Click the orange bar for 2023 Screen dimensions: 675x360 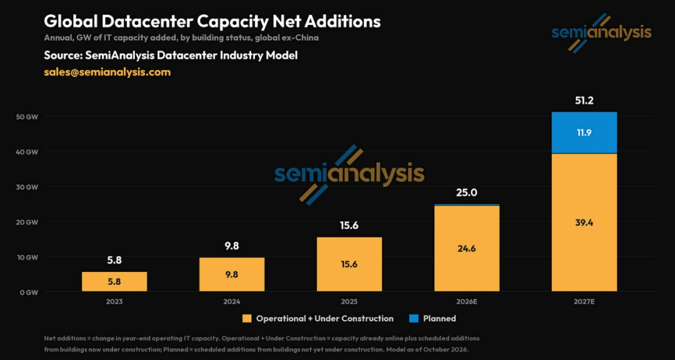(x=114, y=282)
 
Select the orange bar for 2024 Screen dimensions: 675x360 (x=232, y=275)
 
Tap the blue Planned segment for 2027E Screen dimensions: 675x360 (x=584, y=132)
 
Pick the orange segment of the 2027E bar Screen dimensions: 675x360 (x=584, y=222)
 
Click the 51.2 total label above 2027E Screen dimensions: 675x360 (x=584, y=101)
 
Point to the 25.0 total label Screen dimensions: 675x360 (x=467, y=192)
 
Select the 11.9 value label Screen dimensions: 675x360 (x=584, y=132)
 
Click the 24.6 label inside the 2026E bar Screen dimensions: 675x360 (x=467, y=249)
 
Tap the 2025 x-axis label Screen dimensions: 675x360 (x=349, y=302)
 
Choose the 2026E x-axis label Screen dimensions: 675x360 (x=467, y=302)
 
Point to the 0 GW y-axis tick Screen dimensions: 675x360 (x=31, y=292)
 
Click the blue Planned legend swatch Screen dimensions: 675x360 (x=413, y=319)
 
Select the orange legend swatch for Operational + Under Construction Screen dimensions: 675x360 (x=246, y=319)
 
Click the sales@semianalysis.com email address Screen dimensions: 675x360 (x=107, y=72)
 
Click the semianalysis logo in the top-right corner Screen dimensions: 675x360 (x=601, y=32)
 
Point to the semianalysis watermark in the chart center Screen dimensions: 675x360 (x=349, y=174)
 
